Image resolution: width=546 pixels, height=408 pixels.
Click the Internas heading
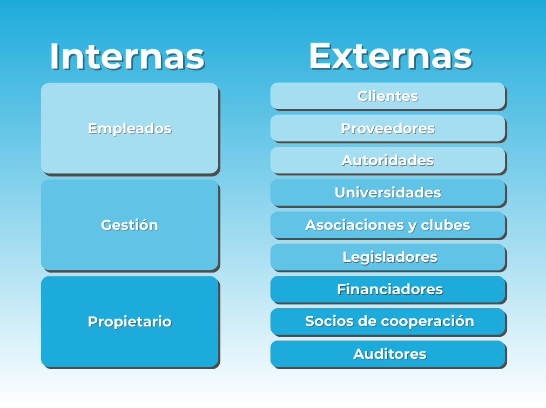(127, 56)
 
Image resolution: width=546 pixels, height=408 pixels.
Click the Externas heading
(390, 56)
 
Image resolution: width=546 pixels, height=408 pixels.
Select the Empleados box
(130, 128)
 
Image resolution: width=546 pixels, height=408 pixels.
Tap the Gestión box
(130, 226)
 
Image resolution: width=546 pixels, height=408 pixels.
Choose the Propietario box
(130, 322)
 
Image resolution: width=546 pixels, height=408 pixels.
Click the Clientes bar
(388, 97)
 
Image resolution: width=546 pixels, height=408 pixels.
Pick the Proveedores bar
(388, 128)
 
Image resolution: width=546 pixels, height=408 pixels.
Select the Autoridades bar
(388, 161)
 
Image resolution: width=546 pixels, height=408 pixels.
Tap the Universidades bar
(388, 193)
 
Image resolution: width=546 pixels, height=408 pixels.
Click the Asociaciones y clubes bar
(388, 225)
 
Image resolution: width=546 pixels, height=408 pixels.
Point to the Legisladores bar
(388, 257)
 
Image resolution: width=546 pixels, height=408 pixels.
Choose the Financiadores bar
(388, 290)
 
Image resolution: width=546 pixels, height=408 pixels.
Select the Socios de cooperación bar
(388, 322)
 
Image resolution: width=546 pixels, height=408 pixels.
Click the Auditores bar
(388, 354)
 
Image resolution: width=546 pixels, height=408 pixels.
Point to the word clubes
(446, 225)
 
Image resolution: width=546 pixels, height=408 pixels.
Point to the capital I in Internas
(55, 56)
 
